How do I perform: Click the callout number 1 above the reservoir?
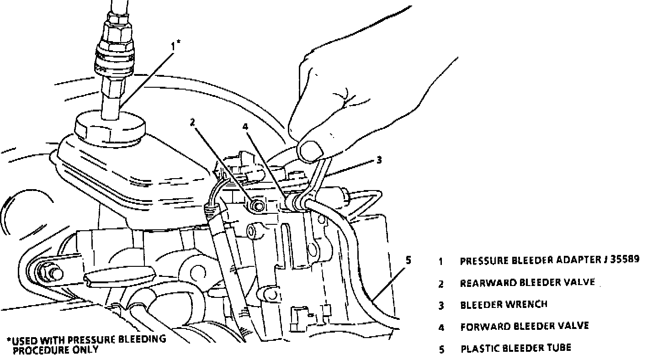pyautogui.click(x=175, y=46)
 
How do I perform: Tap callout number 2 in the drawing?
pyautogui.click(x=193, y=122)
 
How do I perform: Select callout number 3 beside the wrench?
pyautogui.click(x=379, y=160)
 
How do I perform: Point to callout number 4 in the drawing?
pyautogui.click(x=245, y=126)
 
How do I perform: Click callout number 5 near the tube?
pyautogui.click(x=408, y=260)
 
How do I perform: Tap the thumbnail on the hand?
pyautogui.click(x=309, y=151)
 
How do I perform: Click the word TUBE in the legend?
pyautogui.click(x=560, y=348)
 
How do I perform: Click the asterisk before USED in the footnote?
pyautogui.click(x=9, y=340)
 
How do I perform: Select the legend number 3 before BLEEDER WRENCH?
pyautogui.click(x=441, y=305)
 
